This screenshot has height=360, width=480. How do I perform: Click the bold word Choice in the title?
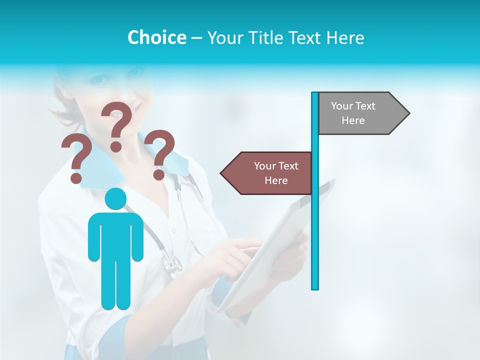pyautogui.click(x=156, y=37)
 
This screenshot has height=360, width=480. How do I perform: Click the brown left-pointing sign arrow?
pyautogui.click(x=267, y=173)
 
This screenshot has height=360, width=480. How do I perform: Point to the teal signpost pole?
pyautogui.click(x=314, y=225)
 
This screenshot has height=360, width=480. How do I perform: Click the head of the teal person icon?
pyautogui.click(x=116, y=198)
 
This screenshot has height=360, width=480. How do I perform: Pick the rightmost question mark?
pyautogui.click(x=160, y=152)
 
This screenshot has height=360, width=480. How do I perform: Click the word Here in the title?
pyautogui.click(x=345, y=37)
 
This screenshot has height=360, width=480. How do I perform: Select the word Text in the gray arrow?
pyautogui.click(x=365, y=105)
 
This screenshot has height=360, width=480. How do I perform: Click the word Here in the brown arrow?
pyautogui.click(x=276, y=180)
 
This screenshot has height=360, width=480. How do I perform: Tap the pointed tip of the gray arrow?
pyautogui.click(x=408, y=113)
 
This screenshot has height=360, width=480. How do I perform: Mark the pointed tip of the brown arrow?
pyautogui.click(x=221, y=173)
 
